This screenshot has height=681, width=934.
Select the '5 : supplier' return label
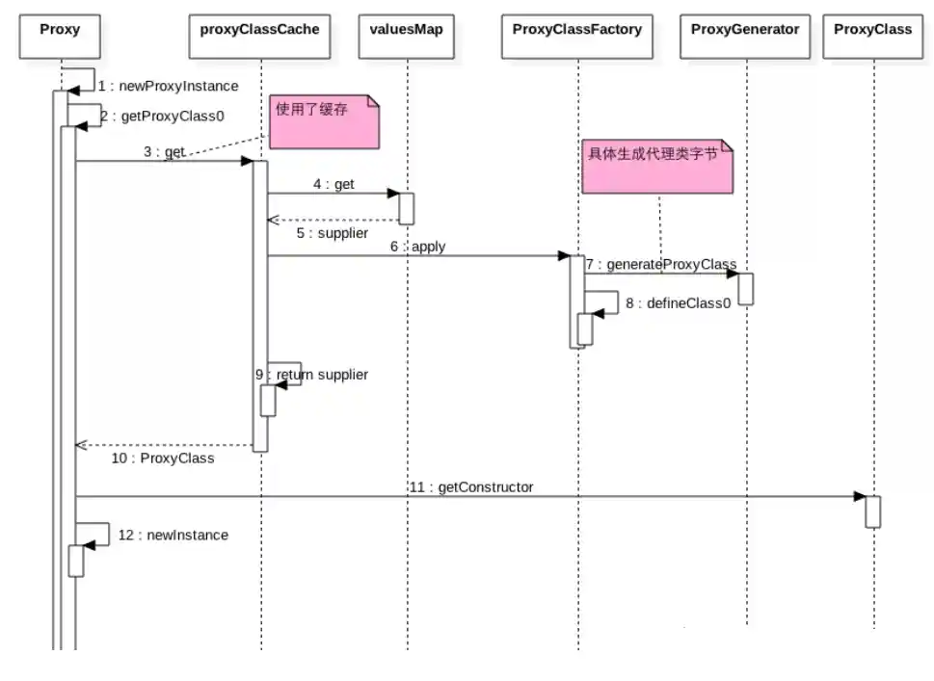point(331,233)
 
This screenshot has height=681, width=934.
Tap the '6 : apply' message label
point(417,247)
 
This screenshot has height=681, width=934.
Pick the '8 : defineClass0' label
point(678,302)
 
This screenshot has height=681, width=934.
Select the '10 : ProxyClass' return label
point(162,458)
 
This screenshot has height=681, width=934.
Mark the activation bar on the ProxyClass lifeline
point(872,511)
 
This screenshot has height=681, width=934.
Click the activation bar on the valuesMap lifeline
point(406,208)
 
